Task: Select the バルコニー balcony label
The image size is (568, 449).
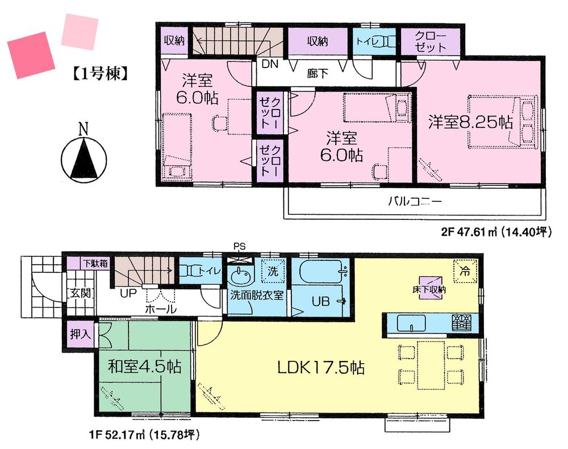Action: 415,201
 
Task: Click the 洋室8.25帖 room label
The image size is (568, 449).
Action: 470,122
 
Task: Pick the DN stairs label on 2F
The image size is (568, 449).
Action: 270,64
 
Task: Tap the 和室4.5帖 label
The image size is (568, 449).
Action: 144,367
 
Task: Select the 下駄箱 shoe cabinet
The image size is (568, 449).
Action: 94,263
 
